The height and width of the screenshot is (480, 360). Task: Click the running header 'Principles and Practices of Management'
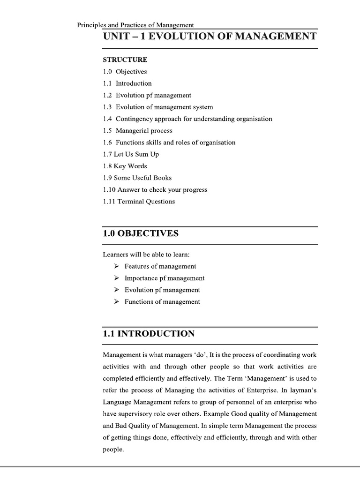point(135,25)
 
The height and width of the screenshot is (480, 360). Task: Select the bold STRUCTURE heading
point(125,60)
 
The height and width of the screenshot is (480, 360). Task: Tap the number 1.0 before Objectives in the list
point(107,72)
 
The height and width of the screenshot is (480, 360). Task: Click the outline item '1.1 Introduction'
point(127,83)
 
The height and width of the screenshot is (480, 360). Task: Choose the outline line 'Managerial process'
point(144,131)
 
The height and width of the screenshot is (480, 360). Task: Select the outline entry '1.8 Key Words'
point(125,166)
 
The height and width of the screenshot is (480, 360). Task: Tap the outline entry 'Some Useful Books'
point(142,178)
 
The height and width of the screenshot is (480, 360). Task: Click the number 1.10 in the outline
point(109,190)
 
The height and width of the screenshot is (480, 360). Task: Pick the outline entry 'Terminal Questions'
point(146,202)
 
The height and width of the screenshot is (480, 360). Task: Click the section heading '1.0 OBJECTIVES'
point(141,233)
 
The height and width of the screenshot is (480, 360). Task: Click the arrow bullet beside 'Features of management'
point(116,266)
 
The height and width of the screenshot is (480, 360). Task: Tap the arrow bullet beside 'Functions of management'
point(116,302)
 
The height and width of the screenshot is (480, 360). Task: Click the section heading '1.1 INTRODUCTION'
point(149,334)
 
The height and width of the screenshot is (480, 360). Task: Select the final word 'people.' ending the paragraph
point(113,449)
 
